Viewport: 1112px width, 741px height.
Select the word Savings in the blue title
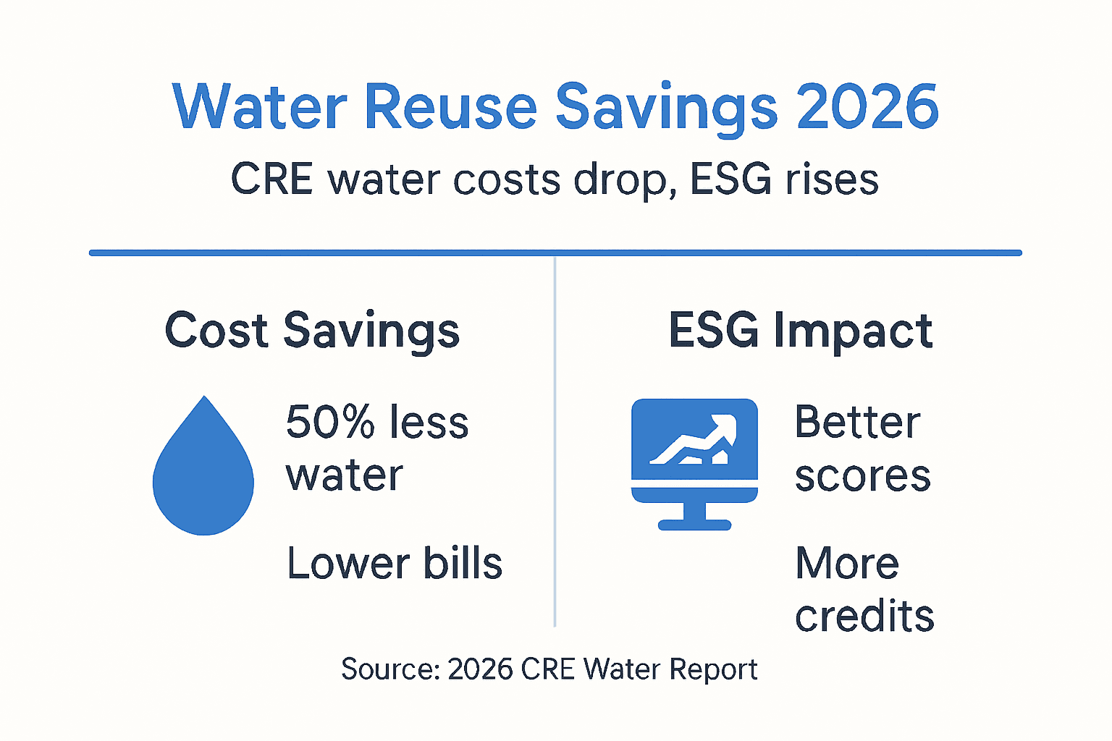tap(666, 109)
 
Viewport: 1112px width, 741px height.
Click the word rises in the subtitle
tap(832, 179)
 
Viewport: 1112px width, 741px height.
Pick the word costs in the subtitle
tap(507, 179)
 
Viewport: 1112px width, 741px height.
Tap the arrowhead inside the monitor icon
tap(724, 427)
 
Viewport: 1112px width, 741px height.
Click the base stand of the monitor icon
tap(694, 524)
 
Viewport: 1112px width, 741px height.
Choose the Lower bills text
tap(395, 564)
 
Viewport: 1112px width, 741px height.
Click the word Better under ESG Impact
tap(857, 423)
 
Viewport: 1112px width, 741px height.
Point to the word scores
tap(862, 477)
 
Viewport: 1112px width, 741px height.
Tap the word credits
tap(864, 617)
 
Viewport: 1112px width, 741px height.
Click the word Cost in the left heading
tap(216, 331)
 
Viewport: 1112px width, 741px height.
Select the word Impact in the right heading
tap(853, 331)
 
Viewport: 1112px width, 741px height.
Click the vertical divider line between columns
tap(555, 441)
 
